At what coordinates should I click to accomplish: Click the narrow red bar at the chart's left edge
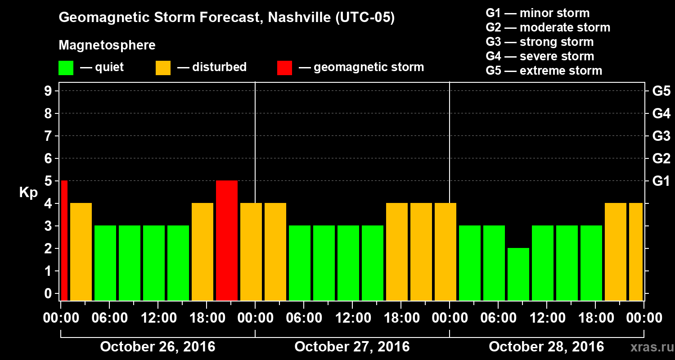(64, 240)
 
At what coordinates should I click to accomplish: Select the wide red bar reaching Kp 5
(227, 240)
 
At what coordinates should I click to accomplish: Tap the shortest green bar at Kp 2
(518, 274)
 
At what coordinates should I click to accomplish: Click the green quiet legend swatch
(66, 68)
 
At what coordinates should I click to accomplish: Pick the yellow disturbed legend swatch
(163, 68)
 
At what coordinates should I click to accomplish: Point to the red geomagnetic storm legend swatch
(284, 68)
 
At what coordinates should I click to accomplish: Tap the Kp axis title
(28, 193)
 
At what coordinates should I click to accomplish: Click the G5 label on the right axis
(661, 91)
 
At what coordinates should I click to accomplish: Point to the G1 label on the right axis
(661, 181)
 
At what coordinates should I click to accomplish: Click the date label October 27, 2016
(352, 347)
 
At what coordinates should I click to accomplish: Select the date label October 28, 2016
(546, 347)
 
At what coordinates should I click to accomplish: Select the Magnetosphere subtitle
(107, 45)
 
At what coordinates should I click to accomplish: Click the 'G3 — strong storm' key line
(540, 42)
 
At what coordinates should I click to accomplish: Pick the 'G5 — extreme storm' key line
(544, 71)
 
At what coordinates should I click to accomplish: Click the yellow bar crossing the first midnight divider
(251, 252)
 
